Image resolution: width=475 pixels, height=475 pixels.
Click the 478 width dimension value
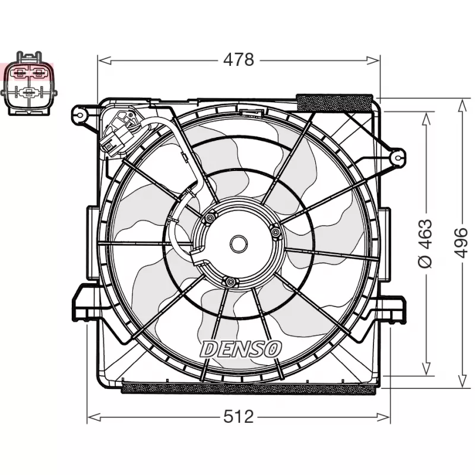coord(238,60)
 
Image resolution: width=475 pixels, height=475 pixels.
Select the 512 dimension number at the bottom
coord(238,417)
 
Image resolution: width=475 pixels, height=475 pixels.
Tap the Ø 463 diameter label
coord(425,243)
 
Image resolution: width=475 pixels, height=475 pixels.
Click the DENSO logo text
coord(240,349)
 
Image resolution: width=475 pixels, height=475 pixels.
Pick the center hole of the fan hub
coord(238,243)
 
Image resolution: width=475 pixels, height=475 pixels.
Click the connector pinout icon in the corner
coord(29,83)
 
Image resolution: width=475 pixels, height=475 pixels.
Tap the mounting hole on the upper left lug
coord(78,113)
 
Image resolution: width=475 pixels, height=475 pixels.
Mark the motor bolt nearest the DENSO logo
coord(228,281)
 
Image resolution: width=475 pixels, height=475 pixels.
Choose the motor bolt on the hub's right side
coord(275,232)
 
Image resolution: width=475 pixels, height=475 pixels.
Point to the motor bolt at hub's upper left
coord(208,220)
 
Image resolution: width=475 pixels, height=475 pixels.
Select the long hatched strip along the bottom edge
coord(248,389)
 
